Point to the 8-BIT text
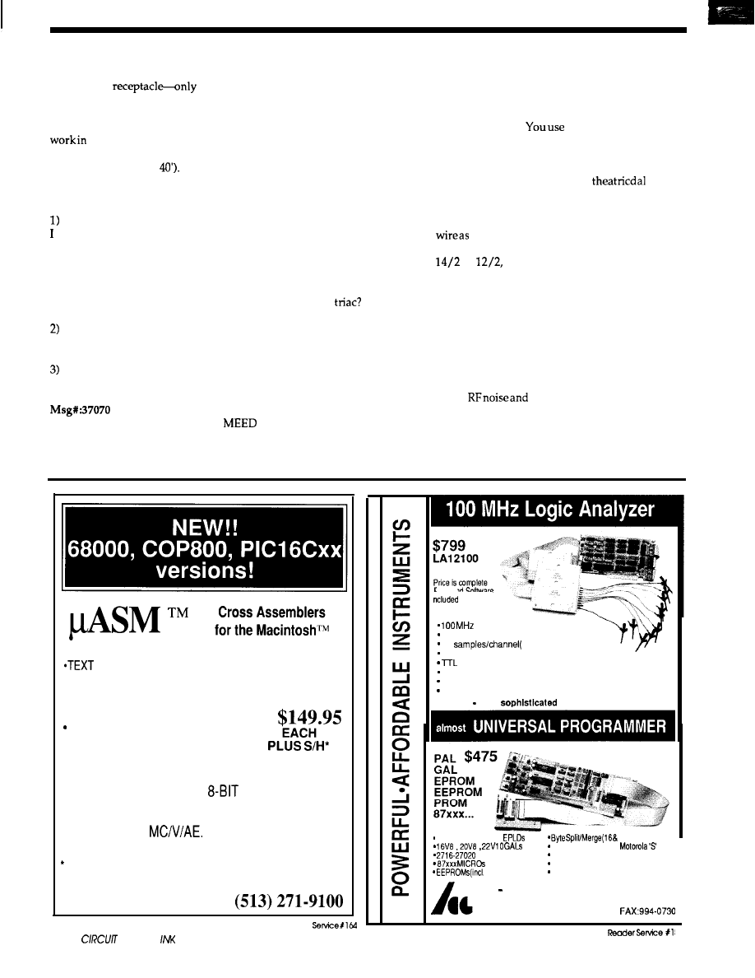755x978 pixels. pos(223,792)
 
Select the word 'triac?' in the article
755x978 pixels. pos(346,302)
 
